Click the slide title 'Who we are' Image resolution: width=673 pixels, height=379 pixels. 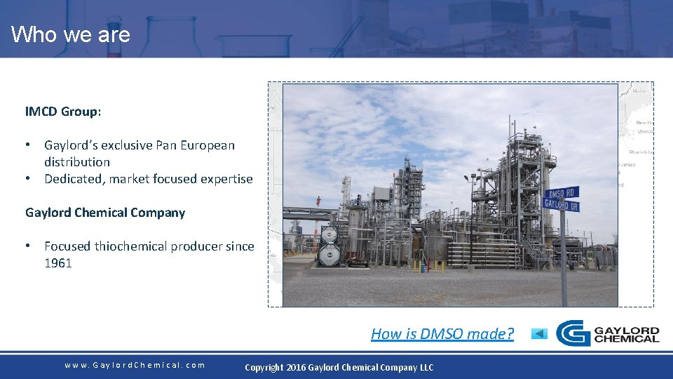coord(70,34)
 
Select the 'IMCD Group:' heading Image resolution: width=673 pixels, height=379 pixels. coord(62,112)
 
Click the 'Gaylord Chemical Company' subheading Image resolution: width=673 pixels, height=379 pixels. coord(105,213)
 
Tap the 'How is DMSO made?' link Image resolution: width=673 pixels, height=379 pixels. coord(442,333)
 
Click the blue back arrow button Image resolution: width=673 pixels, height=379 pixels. coord(538,333)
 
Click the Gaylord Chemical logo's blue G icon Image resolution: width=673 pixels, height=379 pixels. coord(572,333)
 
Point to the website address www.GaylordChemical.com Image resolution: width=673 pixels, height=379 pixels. coord(135,365)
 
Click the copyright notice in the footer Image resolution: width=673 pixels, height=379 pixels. coord(339,367)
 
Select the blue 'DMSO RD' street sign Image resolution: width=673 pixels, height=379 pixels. coord(563,193)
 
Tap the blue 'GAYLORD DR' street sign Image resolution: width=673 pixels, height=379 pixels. coord(561,204)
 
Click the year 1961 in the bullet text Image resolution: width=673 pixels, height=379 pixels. coord(58,263)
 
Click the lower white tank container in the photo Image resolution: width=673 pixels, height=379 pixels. coord(328,256)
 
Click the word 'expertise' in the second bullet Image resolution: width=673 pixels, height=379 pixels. coord(226,179)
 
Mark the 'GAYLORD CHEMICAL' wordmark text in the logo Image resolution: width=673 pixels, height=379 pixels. coord(626,334)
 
